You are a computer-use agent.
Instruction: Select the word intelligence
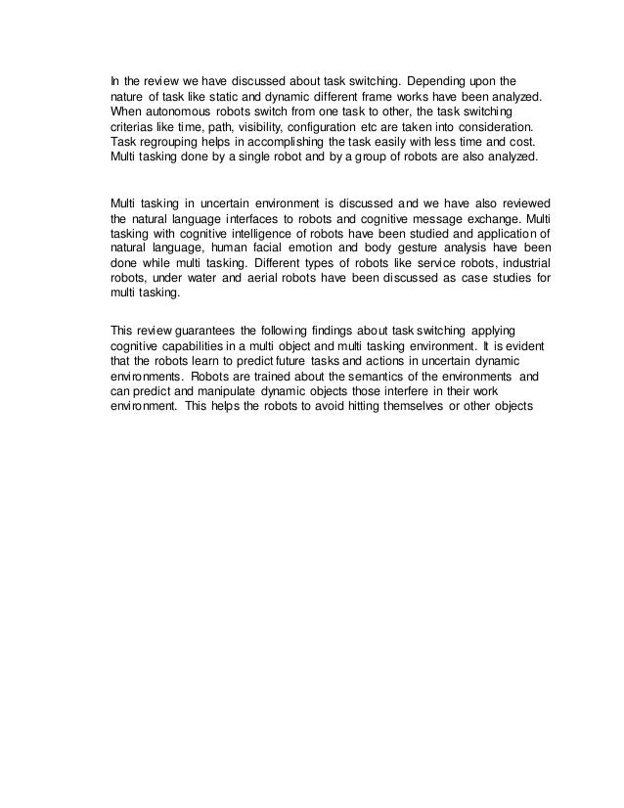259,235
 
